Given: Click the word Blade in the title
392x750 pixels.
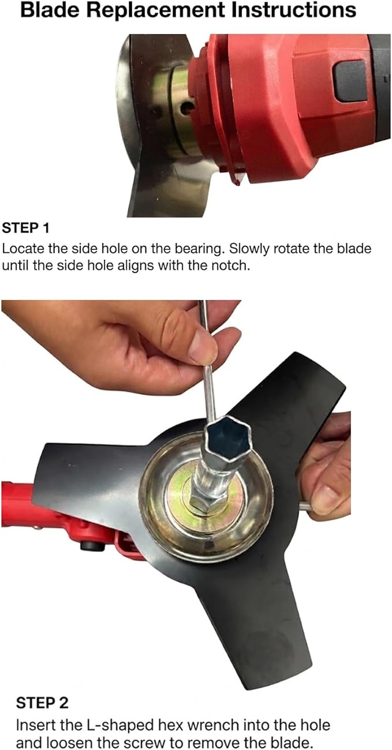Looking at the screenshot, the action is pyautogui.click(x=50, y=10).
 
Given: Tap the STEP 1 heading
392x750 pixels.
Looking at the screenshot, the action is pyautogui.click(x=25, y=228).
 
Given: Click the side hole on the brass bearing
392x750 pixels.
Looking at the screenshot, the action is pyautogui.click(x=186, y=107).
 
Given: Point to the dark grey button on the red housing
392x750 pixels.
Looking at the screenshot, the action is pyautogui.click(x=350, y=82).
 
